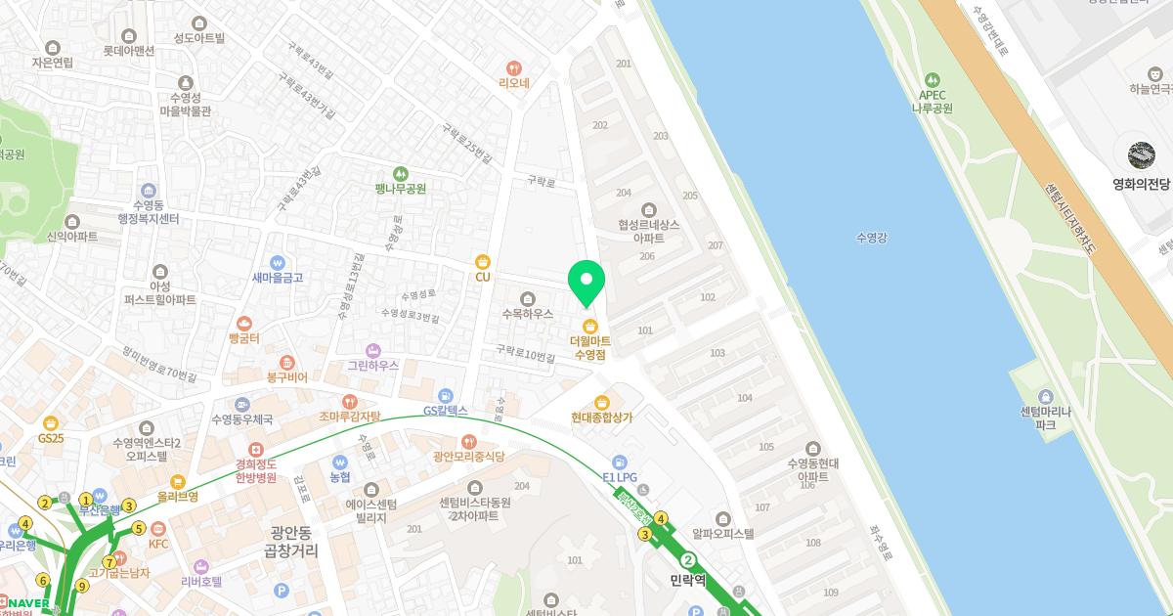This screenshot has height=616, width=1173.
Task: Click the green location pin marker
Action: point(586,282)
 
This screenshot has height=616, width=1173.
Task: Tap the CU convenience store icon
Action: point(482,261)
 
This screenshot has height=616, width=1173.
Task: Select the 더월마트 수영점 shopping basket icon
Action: point(589,326)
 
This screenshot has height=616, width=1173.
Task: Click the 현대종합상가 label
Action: point(602,417)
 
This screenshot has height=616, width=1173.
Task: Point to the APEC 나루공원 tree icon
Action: point(933,79)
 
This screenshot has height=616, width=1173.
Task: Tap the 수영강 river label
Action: point(870,237)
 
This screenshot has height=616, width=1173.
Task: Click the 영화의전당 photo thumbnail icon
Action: point(1141,155)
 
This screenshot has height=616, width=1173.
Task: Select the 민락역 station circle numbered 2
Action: point(688,560)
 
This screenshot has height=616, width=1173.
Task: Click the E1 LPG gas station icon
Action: point(619,462)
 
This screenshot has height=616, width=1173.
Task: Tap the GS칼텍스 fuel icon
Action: point(446,395)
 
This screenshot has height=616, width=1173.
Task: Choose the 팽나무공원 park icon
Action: point(401,173)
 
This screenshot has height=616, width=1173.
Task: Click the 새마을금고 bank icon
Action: point(278,262)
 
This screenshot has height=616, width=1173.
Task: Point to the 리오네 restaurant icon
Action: point(514,67)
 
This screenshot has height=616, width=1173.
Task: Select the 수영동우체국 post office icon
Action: point(242,404)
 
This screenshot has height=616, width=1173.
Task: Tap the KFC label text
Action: point(158,543)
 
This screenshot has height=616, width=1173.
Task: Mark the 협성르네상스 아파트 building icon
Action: point(648,208)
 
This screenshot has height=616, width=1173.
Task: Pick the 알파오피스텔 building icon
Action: point(722,517)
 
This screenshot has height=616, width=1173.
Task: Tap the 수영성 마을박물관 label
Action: point(185,105)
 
